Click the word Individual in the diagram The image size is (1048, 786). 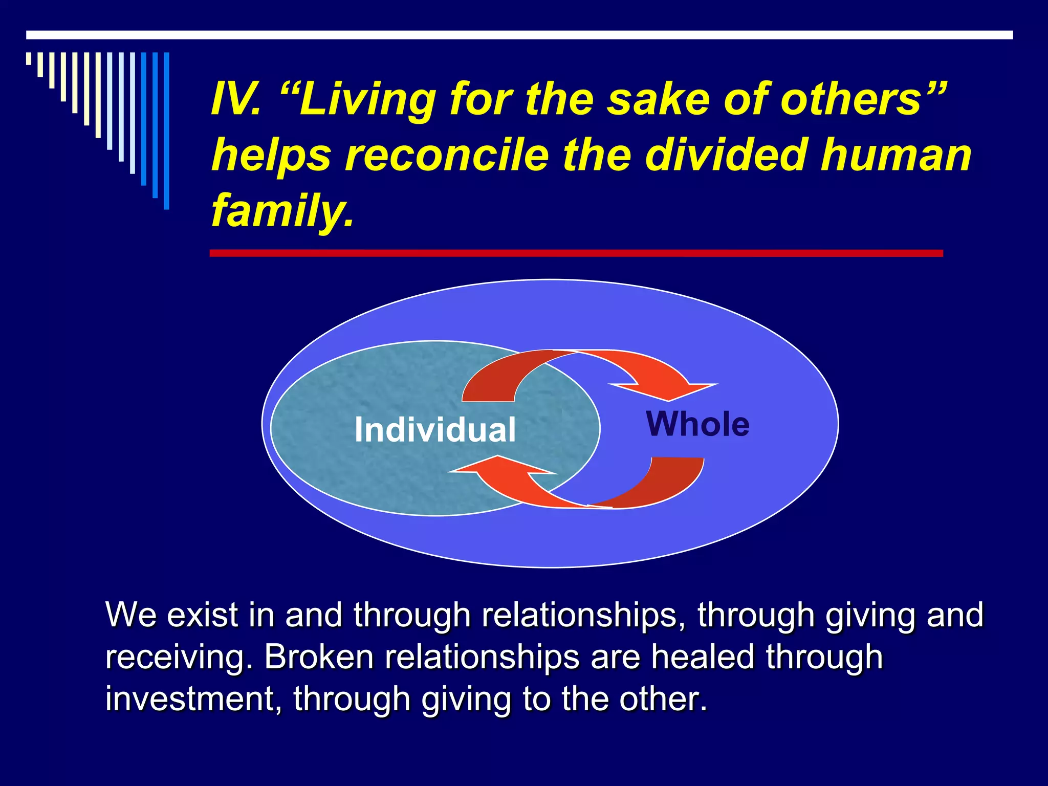click(435, 430)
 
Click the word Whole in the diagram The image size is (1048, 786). click(697, 424)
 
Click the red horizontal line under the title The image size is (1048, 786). click(576, 253)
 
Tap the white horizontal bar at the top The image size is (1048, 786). click(519, 35)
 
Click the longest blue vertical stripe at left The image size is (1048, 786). click(166, 130)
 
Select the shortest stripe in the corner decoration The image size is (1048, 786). click(29, 59)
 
